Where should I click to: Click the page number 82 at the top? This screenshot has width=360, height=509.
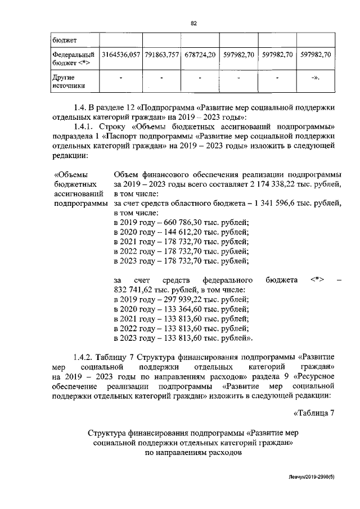(193, 23)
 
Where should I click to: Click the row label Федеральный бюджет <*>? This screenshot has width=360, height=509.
(73, 59)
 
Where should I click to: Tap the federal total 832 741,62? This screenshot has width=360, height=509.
(134, 290)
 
